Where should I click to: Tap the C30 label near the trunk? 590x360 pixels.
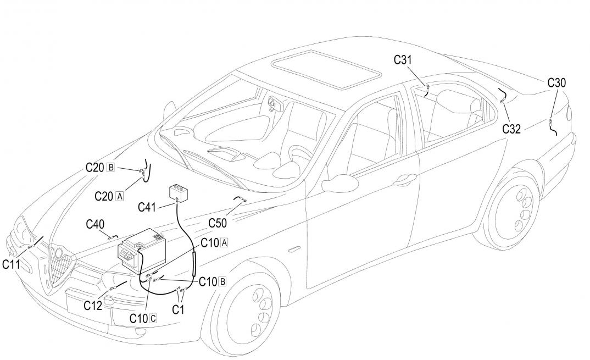tap(556, 83)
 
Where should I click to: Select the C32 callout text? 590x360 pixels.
tap(511, 129)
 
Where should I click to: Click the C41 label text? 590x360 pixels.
tap(147, 207)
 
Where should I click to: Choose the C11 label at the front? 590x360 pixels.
tap(12, 264)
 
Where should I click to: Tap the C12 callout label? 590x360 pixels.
tap(93, 306)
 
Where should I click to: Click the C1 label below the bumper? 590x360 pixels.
tap(178, 309)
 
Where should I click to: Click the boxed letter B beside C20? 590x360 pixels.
tap(112, 168)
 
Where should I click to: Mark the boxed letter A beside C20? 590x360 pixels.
tap(120, 196)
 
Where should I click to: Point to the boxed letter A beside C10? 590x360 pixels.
tap(224, 242)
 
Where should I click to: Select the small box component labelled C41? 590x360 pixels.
tap(178, 193)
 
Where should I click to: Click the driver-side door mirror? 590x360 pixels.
tap(337, 183)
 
